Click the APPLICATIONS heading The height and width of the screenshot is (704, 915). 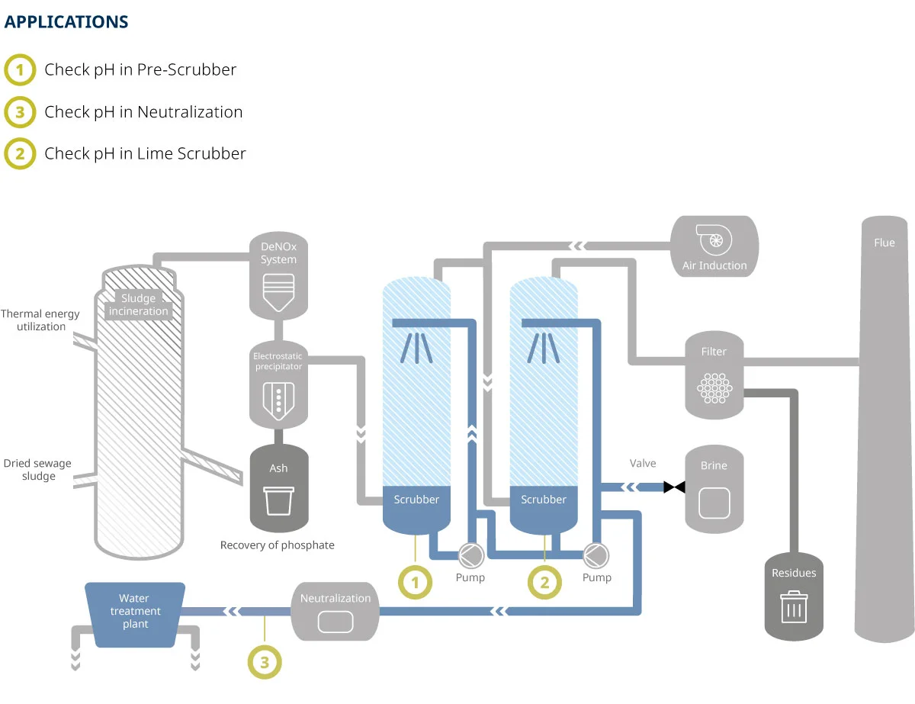[x=66, y=22]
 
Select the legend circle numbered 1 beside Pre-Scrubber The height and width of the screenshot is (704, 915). [x=20, y=70]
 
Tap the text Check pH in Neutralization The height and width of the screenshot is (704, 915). [x=143, y=112]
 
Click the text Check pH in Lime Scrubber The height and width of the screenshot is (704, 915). [x=145, y=153]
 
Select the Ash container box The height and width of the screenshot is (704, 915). [x=279, y=488]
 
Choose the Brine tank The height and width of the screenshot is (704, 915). [x=714, y=488]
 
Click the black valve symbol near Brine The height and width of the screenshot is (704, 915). [x=674, y=487]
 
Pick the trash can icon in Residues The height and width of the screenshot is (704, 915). [x=794, y=607]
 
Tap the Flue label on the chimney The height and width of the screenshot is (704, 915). [x=884, y=243]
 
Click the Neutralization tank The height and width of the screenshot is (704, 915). [x=335, y=612]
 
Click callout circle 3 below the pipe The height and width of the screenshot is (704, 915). [x=265, y=662]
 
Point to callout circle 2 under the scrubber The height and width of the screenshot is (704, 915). [x=544, y=583]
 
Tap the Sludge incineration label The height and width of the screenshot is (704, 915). [x=139, y=305]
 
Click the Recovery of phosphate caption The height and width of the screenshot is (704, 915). [x=278, y=545]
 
